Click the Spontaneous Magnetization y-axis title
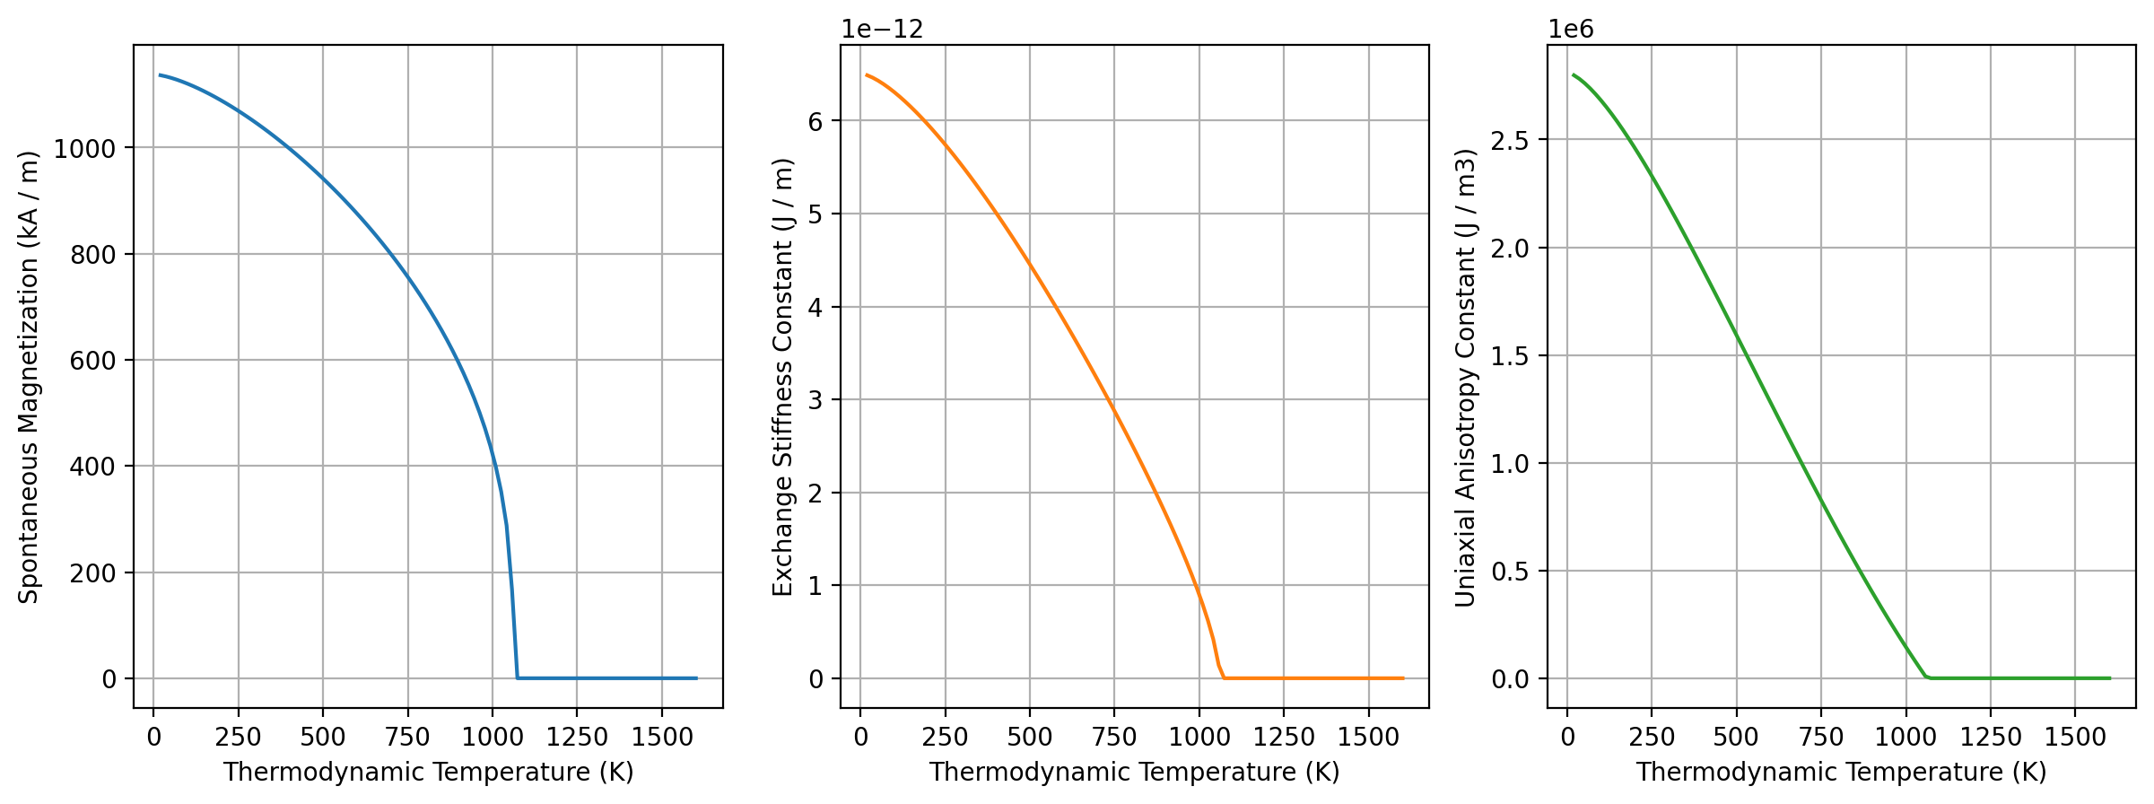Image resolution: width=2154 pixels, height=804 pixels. (x=30, y=377)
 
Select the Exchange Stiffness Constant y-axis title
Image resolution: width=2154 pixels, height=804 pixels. (x=783, y=377)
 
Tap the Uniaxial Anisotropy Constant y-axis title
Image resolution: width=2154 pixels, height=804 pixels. (x=1465, y=377)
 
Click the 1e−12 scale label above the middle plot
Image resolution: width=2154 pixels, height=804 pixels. (x=882, y=29)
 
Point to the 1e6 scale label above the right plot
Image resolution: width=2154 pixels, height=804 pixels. (x=1571, y=29)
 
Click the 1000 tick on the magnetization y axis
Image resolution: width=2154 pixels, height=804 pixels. (x=84, y=148)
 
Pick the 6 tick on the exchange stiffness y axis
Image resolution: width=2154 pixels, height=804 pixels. (x=815, y=121)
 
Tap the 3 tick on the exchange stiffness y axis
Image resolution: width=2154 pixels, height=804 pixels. (x=815, y=400)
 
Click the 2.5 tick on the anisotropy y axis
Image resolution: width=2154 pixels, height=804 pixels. (x=1513, y=140)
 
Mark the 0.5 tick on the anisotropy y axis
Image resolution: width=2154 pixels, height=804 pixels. (x=1513, y=572)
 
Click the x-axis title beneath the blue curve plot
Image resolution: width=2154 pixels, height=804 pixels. (x=428, y=773)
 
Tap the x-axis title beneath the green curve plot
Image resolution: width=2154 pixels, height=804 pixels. (x=1841, y=773)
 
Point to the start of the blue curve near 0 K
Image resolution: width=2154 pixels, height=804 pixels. (x=160, y=75)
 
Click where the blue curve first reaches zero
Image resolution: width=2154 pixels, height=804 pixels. (x=518, y=677)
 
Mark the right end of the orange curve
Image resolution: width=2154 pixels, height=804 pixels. (x=1403, y=678)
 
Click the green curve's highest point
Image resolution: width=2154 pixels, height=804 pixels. (x=1574, y=75)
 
